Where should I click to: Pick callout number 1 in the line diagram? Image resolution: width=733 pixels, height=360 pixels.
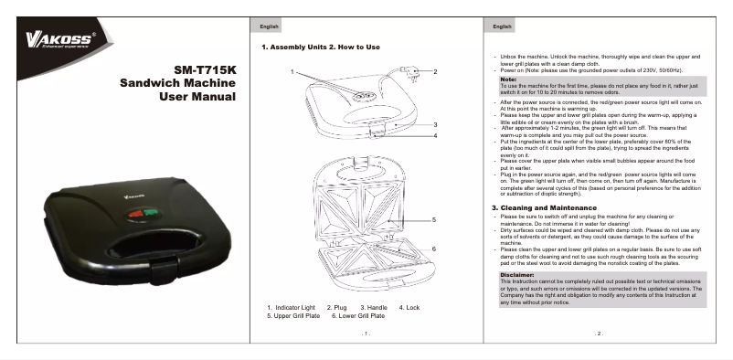click(x=293, y=71)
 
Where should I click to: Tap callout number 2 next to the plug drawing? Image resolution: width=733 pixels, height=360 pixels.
click(x=435, y=71)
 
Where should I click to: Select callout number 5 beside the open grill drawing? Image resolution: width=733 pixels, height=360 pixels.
click(x=435, y=219)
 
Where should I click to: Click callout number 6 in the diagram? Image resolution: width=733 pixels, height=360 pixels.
click(x=435, y=249)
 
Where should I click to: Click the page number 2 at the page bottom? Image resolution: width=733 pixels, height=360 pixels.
click(x=600, y=334)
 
